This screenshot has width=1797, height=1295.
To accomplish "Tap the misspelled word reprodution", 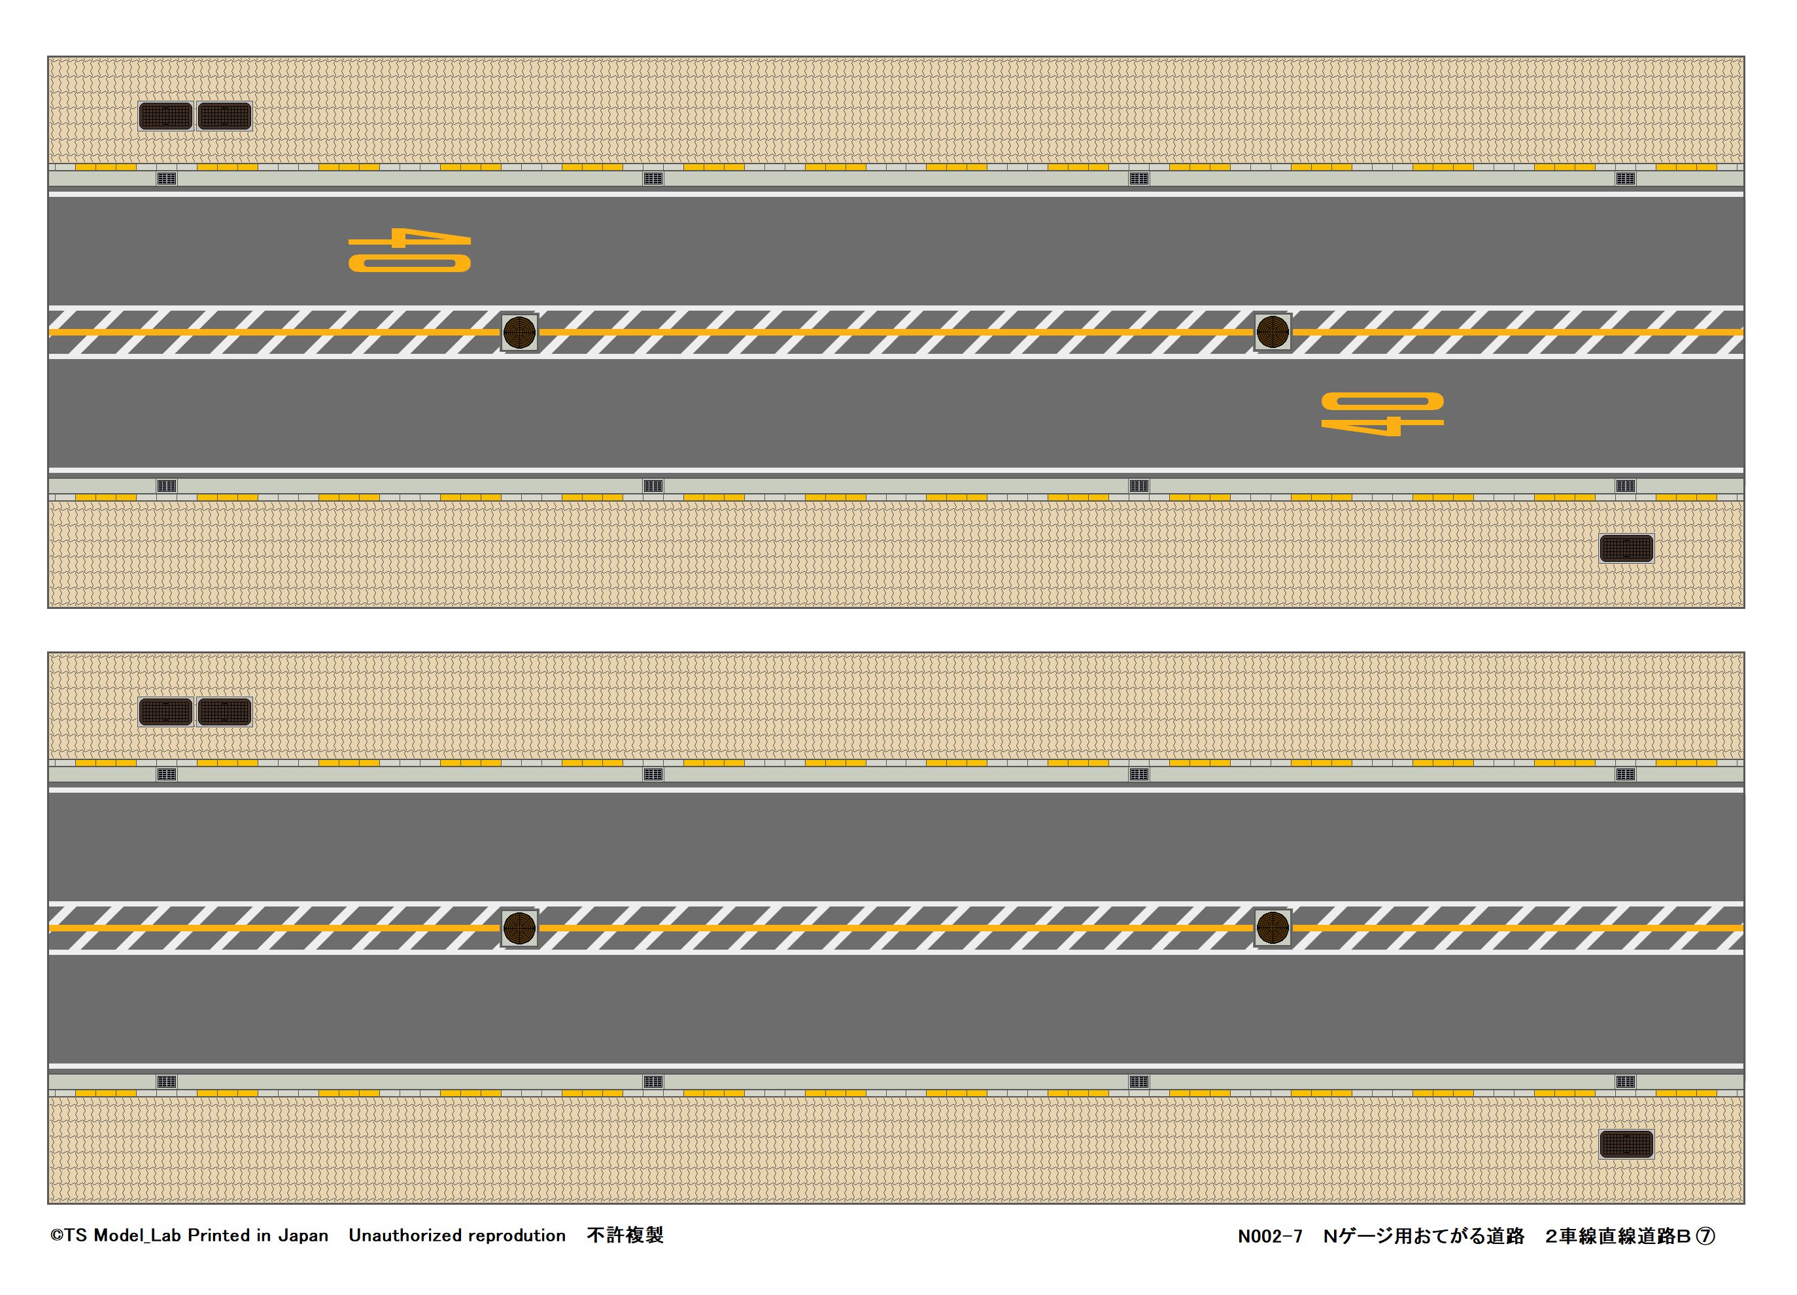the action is click(x=517, y=1235).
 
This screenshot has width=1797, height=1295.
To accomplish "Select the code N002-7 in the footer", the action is click(x=1269, y=1236).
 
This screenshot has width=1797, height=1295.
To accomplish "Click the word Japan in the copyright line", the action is click(x=303, y=1235).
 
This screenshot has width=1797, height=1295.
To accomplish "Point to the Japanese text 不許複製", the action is click(x=625, y=1235).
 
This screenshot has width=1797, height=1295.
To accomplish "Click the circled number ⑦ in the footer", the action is click(x=1705, y=1236).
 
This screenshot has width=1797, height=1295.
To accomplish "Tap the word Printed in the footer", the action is click(x=218, y=1235).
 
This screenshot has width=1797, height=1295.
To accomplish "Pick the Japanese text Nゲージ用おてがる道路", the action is click(x=1424, y=1236).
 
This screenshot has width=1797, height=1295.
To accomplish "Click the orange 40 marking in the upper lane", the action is click(x=409, y=250).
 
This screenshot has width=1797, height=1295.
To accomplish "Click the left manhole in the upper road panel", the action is click(x=520, y=333).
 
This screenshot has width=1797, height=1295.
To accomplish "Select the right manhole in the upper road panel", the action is click(x=1273, y=332).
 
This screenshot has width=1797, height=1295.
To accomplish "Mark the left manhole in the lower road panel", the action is click(x=520, y=928).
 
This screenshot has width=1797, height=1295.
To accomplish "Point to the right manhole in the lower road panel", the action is click(x=1273, y=928).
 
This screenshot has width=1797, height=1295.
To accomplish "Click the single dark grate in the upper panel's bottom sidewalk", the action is click(x=1626, y=549).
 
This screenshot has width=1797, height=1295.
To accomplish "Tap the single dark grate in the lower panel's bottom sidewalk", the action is click(x=1626, y=1145).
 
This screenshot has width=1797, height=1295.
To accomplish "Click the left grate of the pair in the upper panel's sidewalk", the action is click(x=165, y=116).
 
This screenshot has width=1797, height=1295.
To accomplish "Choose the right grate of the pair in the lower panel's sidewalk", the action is click(x=225, y=712).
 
